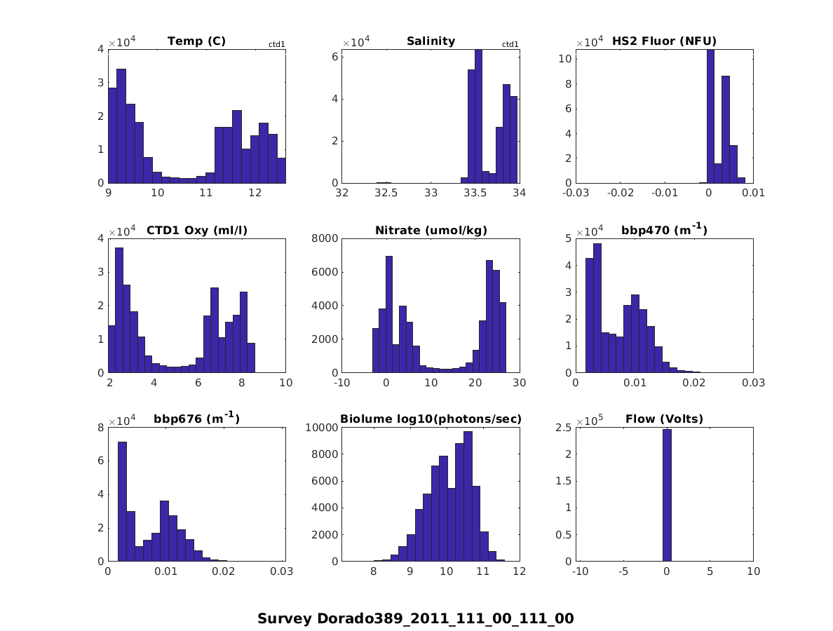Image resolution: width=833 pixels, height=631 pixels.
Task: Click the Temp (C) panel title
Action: [x=196, y=41]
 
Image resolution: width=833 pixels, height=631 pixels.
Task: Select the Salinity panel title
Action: [x=431, y=41]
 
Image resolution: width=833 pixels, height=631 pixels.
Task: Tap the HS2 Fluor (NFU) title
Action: [x=664, y=41]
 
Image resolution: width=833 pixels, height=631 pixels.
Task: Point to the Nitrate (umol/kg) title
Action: [x=431, y=230]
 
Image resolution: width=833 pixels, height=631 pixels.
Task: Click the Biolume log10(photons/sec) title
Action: [x=431, y=419]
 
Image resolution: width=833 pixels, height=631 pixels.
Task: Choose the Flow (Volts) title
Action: [x=664, y=419]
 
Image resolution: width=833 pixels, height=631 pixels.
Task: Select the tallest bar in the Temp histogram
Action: [x=121, y=126]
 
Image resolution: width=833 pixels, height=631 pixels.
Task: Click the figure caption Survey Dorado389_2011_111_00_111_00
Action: [x=416, y=618]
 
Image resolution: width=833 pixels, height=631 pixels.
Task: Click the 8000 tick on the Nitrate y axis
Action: [x=325, y=238]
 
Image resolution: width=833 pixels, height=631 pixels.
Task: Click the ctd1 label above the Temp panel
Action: [x=276, y=45]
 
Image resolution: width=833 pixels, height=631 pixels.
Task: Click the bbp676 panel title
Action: [x=196, y=419]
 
